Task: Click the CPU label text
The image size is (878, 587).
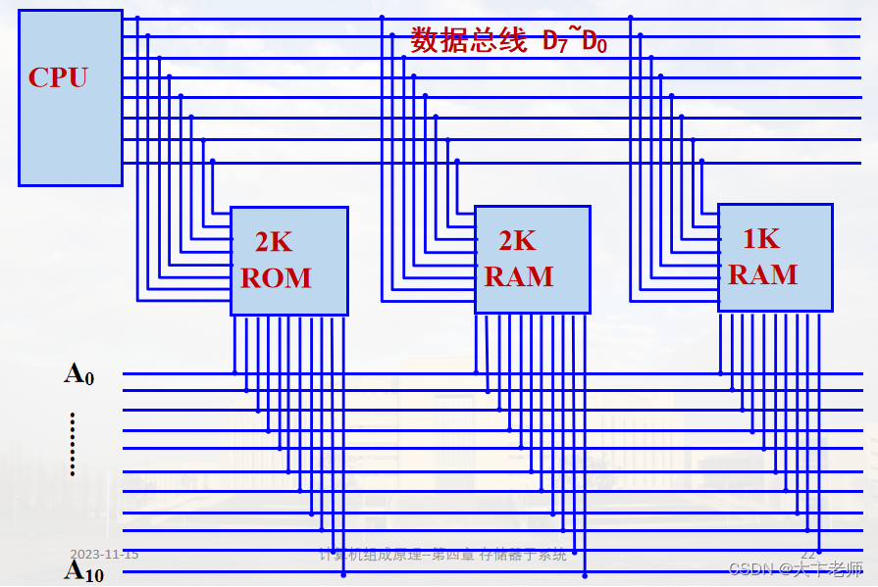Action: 58,77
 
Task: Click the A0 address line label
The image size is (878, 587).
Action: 79,373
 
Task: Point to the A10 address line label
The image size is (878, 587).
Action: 84,571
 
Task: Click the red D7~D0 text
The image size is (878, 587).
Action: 575,41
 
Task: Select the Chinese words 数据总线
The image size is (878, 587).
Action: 469,40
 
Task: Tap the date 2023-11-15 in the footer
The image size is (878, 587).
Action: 104,555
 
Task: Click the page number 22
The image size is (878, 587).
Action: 808,555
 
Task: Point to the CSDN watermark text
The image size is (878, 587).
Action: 797,568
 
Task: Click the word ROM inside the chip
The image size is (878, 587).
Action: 276,278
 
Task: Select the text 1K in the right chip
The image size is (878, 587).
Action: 760,238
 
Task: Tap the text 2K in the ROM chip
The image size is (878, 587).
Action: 274,242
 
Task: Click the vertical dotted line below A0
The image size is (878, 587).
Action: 73,444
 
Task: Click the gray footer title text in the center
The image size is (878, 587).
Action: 443,556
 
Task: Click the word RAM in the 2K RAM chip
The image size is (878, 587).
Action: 519,277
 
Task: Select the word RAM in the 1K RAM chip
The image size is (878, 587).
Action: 762,274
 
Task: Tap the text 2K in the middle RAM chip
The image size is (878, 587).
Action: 517,241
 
